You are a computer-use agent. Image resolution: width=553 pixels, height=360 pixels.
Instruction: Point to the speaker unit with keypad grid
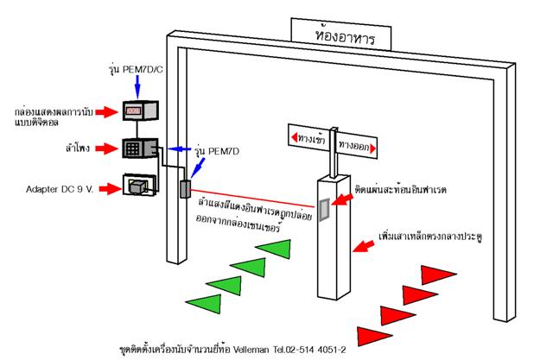click(x=137, y=148)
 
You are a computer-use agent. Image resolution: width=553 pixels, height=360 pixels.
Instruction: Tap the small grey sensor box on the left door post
click(x=184, y=190)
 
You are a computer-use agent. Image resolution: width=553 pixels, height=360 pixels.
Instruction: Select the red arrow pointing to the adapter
click(x=105, y=186)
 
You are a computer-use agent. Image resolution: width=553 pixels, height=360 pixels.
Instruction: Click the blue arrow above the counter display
click(x=138, y=84)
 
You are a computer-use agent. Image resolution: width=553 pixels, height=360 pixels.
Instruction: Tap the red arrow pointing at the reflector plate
click(x=342, y=201)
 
